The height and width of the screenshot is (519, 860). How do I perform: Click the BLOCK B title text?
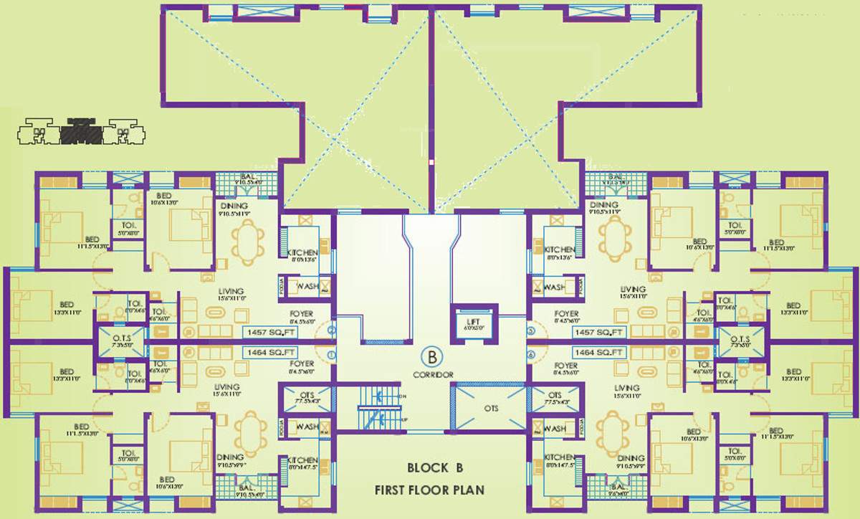click(435, 468)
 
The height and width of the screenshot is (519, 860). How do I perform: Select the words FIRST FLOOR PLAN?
click(429, 490)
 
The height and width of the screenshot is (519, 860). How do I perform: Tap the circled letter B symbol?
click(432, 356)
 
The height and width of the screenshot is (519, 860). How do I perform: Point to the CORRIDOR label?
click(432, 375)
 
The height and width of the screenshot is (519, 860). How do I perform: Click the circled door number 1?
click(330, 355)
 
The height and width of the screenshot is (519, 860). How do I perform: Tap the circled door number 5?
click(531, 331)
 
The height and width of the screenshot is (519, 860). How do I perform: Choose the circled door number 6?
click(531, 355)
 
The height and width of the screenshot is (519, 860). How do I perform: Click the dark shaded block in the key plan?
click(80, 132)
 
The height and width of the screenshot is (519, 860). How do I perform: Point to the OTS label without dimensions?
click(489, 409)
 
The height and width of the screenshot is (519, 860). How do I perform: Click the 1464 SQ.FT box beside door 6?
click(600, 353)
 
